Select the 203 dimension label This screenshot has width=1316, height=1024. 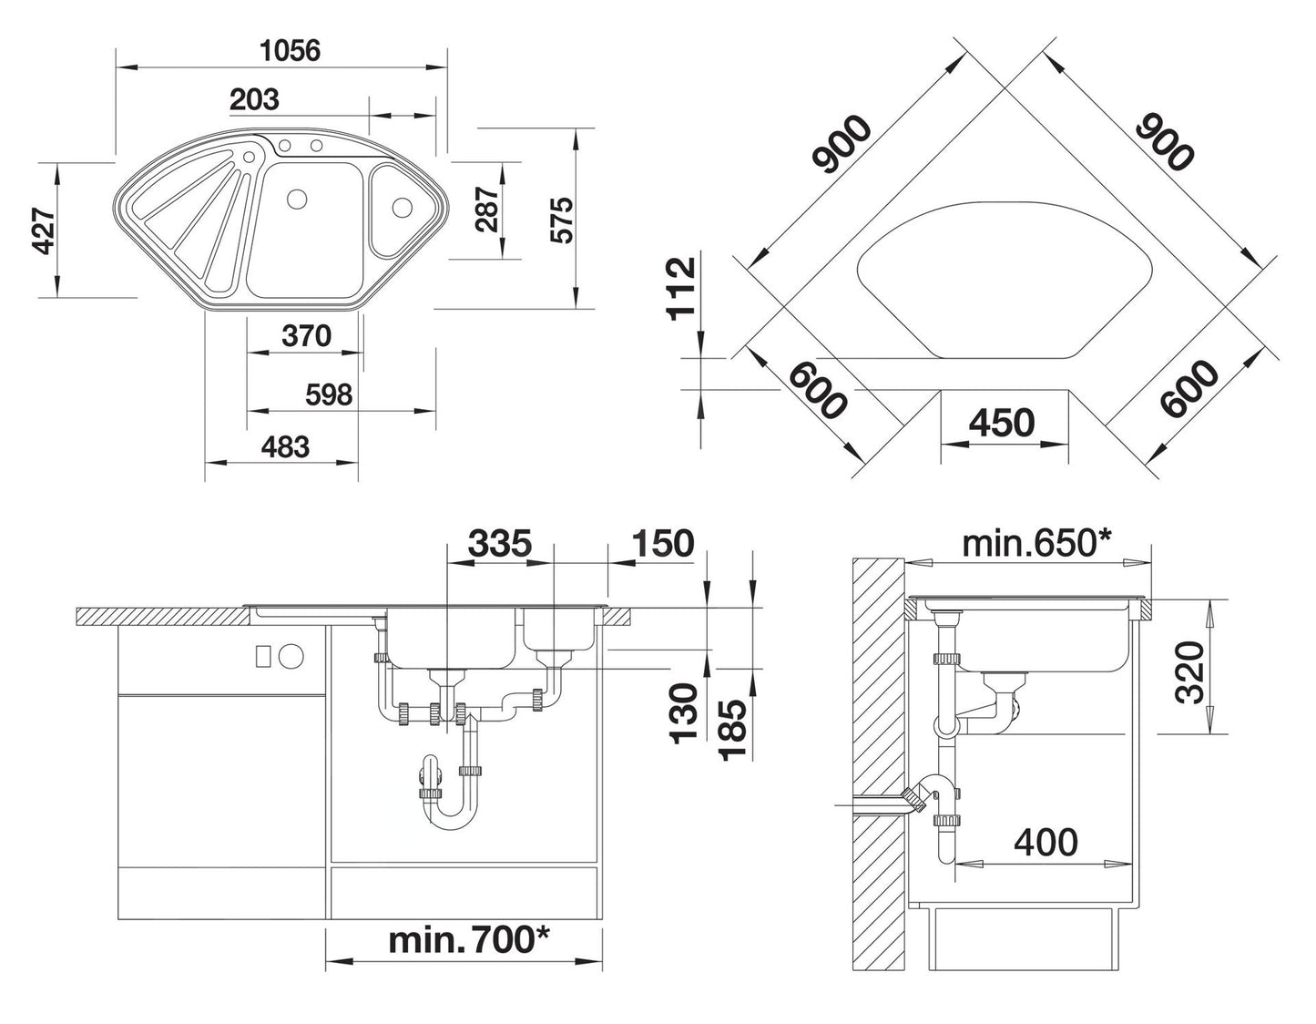coord(254,98)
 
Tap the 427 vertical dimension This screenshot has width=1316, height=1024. coord(42,231)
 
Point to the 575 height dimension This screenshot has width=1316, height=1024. coord(562,220)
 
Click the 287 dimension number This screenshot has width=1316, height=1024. coord(488,210)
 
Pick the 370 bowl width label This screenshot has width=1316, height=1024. coord(306,336)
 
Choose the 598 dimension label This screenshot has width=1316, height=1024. coord(329,394)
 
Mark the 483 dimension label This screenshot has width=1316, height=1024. coord(285,446)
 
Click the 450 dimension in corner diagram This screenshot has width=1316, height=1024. coord(1001,422)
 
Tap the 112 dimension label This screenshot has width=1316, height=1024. coord(680,288)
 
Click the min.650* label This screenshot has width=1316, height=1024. coord(1037,544)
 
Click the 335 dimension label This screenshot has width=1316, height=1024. coord(499,543)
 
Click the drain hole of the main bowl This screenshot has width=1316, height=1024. coord(296,199)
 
